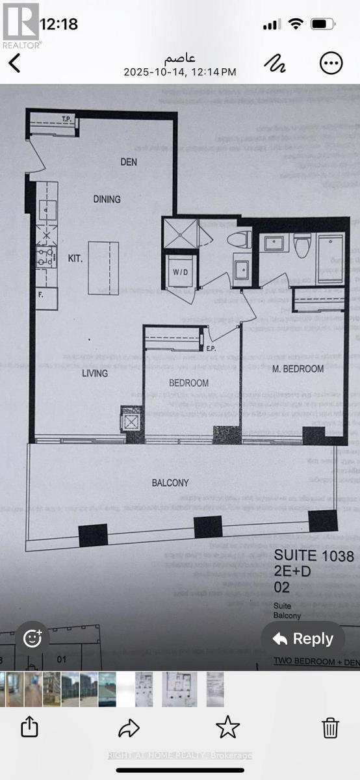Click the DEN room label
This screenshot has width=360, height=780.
pos(129,162)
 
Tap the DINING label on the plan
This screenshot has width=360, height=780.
pos(107,199)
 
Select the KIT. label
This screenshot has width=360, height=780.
pos(75,258)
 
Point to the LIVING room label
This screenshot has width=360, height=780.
pos(94,373)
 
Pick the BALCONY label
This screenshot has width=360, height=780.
pos(170,482)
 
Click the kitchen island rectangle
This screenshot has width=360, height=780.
pos(105,268)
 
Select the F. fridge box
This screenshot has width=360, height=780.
pos(46,298)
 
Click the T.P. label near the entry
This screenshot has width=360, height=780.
pos(66,119)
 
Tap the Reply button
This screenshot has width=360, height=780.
pos(303,638)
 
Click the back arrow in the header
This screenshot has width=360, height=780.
pos(14,63)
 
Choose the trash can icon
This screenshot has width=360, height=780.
pos(330,727)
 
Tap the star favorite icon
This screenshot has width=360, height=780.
pos(227,727)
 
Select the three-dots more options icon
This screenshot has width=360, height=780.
pos(331,63)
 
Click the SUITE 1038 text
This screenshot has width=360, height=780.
pos(314,556)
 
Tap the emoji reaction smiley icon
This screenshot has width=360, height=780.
pos(32,638)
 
